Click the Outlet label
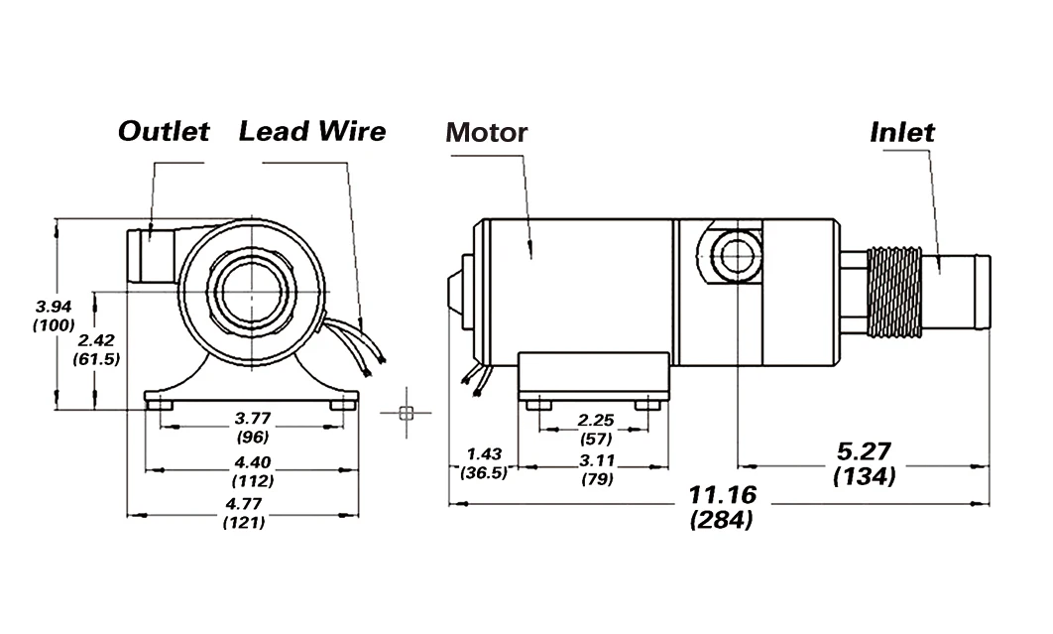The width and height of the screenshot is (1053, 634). click(x=164, y=131)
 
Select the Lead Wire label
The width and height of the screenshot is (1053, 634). click(x=311, y=131)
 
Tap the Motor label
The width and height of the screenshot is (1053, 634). click(x=486, y=132)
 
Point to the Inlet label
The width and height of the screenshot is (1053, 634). click(x=902, y=132)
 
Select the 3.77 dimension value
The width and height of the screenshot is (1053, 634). click(x=252, y=418)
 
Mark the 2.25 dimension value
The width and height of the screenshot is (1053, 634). click(x=596, y=420)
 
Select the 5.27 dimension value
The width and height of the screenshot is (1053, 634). click(x=865, y=451)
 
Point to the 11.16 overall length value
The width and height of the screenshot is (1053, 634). click(x=722, y=494)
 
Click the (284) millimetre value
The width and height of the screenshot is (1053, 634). click(x=721, y=519)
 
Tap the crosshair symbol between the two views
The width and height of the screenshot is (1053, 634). click(x=405, y=413)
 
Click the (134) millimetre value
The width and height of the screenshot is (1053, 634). click(x=865, y=476)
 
